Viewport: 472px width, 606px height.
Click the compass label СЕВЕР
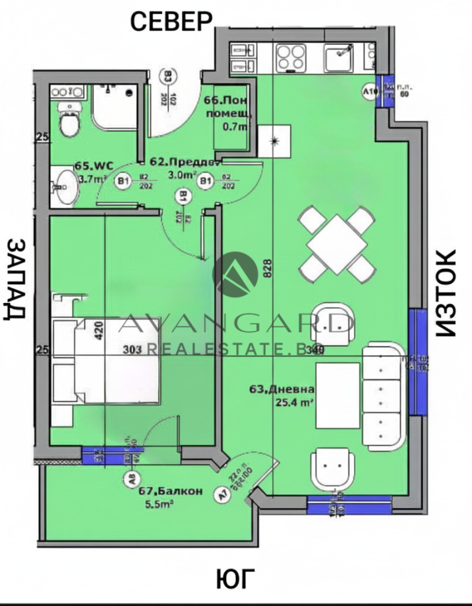(x=171, y=21)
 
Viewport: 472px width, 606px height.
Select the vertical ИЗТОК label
(x=447, y=293)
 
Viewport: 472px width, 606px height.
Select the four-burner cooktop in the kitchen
(x=290, y=57)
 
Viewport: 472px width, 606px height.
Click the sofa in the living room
(x=382, y=395)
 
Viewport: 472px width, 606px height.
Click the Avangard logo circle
(x=235, y=274)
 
